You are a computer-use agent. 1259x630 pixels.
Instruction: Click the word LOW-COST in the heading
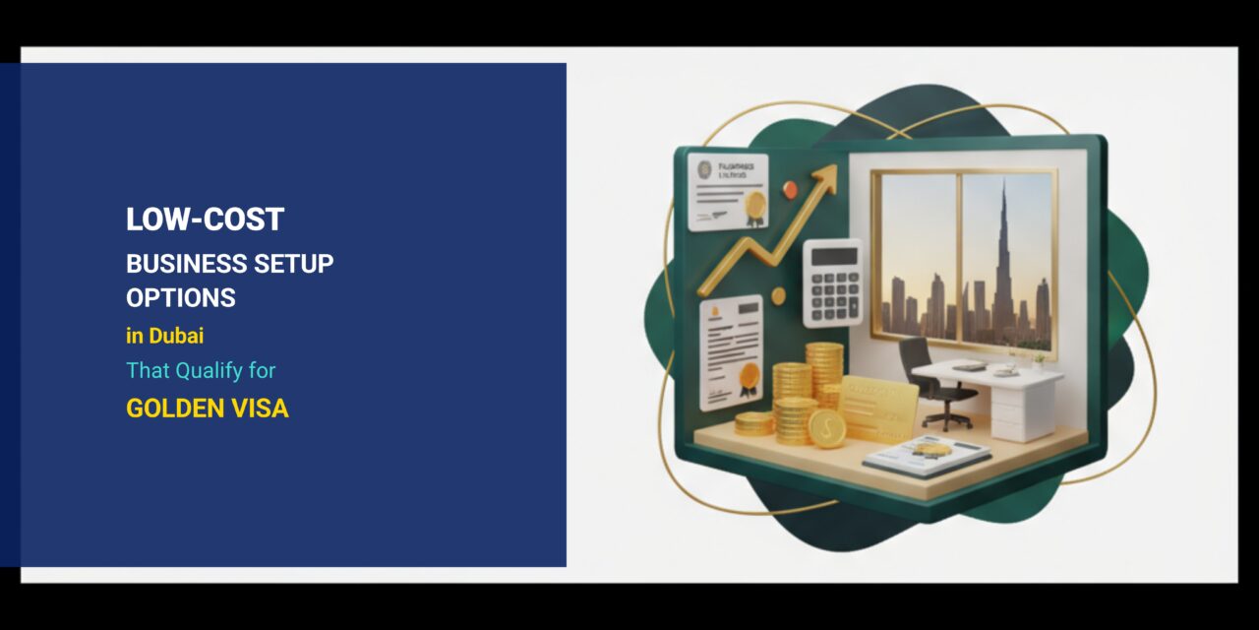click(205, 220)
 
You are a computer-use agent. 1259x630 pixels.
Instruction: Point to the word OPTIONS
click(181, 297)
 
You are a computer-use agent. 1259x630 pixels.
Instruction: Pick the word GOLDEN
click(173, 409)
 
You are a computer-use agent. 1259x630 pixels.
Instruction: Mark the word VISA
click(259, 409)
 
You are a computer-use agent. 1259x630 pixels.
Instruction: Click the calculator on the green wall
click(832, 283)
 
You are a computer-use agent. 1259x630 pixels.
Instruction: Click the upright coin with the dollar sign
click(827, 429)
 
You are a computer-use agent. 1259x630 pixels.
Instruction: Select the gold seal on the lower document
click(750, 375)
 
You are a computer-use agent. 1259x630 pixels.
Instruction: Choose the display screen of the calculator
click(832, 256)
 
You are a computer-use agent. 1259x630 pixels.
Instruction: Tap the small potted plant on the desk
click(1038, 360)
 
